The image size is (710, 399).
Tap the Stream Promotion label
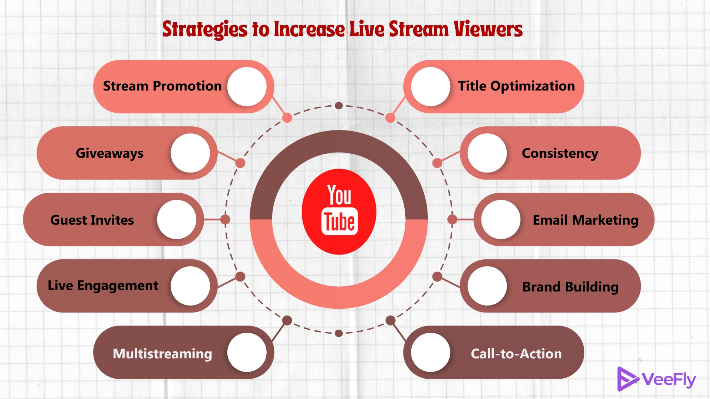pyautogui.click(x=162, y=86)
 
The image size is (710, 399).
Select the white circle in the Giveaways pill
pyautogui.click(x=190, y=153)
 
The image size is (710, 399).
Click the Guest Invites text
pyautogui.click(x=92, y=220)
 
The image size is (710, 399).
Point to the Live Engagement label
pyautogui.click(x=103, y=286)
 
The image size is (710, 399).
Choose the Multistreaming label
pyautogui.click(x=162, y=354)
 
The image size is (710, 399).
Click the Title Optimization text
pyautogui.click(x=516, y=86)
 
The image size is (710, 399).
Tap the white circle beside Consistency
pyautogui.click(x=487, y=153)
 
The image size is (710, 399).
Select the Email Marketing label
pyautogui.click(x=585, y=220)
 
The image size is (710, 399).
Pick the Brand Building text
pyautogui.click(x=570, y=287)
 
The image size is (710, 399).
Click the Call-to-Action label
pyautogui.click(x=516, y=354)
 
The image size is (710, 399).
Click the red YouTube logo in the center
pyautogui.click(x=339, y=212)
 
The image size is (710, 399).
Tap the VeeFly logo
pyautogui.click(x=656, y=379)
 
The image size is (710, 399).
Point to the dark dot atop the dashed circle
pyautogui.click(x=339, y=106)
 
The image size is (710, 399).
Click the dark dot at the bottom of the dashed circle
pyautogui.click(x=339, y=333)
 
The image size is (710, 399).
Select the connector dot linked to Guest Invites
pyautogui.click(x=225, y=219)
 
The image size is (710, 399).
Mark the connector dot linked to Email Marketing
pyautogui.click(x=452, y=219)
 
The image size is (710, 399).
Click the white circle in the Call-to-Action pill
pyautogui.click(x=430, y=352)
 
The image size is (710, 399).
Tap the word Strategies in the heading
pyautogui.click(x=205, y=29)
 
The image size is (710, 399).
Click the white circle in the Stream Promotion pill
pyautogui.click(x=247, y=86)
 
